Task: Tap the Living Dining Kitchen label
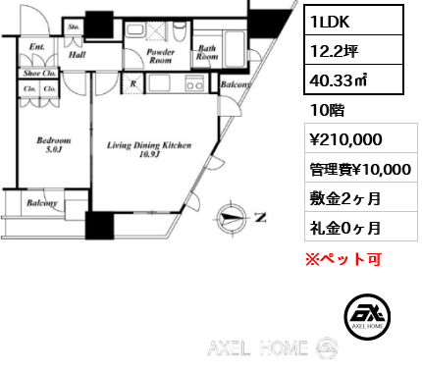(149, 151)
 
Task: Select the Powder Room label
(160, 55)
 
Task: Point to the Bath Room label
(208, 52)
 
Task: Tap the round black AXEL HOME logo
(370, 315)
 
